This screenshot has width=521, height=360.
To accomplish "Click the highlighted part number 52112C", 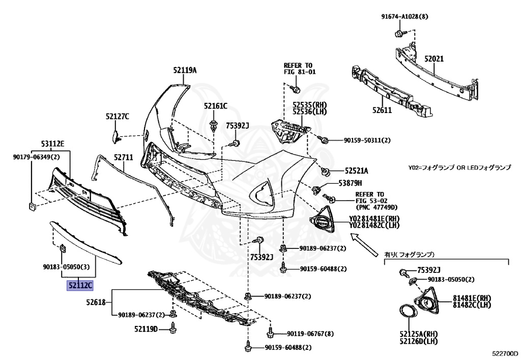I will point(80,286).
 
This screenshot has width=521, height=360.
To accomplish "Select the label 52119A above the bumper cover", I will point(184,71).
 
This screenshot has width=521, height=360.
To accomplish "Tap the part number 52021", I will point(434,59).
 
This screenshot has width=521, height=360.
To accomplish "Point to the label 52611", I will point(382,109).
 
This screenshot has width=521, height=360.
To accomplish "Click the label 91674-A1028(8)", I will point(405,16).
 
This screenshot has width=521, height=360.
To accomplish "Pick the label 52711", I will point(123,157).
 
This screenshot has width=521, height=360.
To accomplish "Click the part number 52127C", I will point(118,117).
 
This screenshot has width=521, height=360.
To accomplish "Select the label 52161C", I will point(215,106).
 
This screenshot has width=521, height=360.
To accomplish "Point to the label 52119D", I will point(147,328).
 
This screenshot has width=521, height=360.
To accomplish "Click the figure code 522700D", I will point(504,353).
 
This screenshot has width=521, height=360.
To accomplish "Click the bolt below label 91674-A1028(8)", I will point(399,34).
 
